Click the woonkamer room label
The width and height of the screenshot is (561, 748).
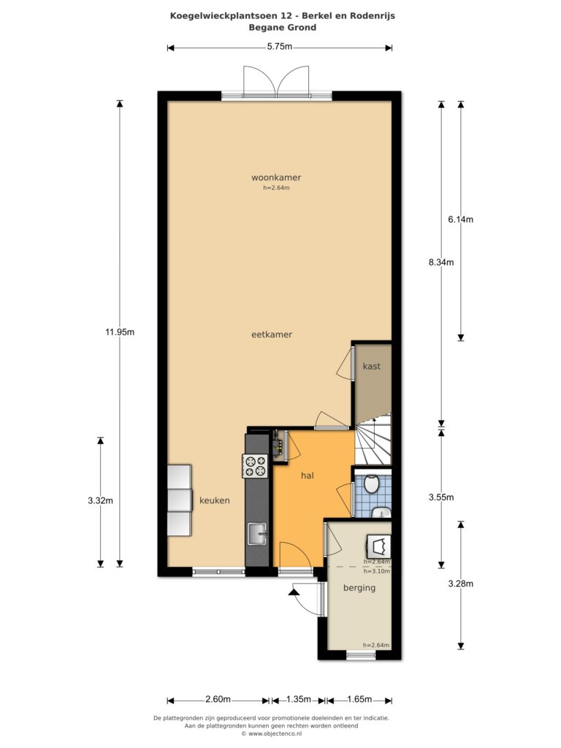[x=276, y=178]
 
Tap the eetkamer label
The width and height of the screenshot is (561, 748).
[x=272, y=335]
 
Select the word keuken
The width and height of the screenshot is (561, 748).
[x=214, y=500]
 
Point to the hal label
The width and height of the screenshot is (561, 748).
[x=308, y=476]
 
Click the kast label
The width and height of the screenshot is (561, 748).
[x=372, y=366]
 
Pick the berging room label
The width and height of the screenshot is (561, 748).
[x=359, y=588]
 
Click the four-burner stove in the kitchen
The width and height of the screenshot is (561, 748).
[x=255, y=466]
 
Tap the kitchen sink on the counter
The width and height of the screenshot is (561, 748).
[x=257, y=534]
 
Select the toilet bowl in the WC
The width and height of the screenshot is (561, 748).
[x=371, y=484]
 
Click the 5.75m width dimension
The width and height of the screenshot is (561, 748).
[x=280, y=47]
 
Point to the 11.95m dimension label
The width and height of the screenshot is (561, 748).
[x=120, y=332]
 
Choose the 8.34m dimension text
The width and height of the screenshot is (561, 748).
[x=441, y=262]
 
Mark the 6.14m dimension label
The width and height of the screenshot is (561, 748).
[x=461, y=219]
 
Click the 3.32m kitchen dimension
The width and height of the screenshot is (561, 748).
[x=100, y=500]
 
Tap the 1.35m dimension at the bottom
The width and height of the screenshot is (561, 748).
[x=299, y=699]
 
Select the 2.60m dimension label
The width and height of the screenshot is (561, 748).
[x=218, y=699]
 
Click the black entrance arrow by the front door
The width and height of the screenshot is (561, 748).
[x=294, y=592]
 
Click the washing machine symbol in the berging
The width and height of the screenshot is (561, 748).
[x=379, y=546]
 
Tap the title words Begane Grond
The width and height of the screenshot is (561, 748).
[x=283, y=27]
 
